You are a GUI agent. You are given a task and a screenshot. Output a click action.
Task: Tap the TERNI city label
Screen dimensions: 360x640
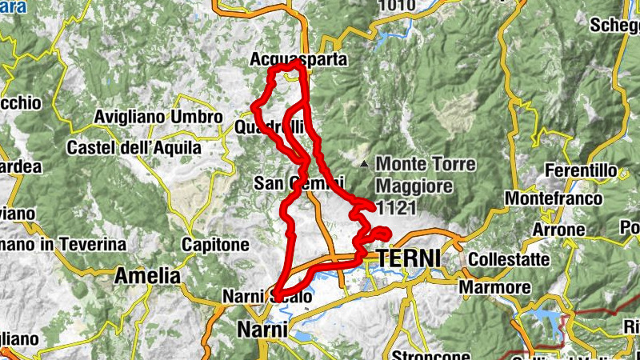point(408,258)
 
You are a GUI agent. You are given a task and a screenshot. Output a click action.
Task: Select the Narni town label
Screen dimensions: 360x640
point(258,330)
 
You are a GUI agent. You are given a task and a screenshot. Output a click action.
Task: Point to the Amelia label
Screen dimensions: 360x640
point(147,277)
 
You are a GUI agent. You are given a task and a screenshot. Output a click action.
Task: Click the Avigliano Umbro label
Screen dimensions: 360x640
point(158,117)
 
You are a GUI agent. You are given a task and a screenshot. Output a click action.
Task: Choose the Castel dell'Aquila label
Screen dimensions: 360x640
point(134,148)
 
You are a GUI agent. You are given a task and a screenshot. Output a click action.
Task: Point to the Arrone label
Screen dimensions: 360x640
point(560,230)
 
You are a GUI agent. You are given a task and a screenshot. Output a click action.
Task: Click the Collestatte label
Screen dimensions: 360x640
point(509,260)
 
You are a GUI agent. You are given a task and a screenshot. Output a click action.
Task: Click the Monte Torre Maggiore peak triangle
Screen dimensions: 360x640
point(364,164)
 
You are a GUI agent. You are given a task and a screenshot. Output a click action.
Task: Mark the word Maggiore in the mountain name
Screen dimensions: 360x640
point(414,186)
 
